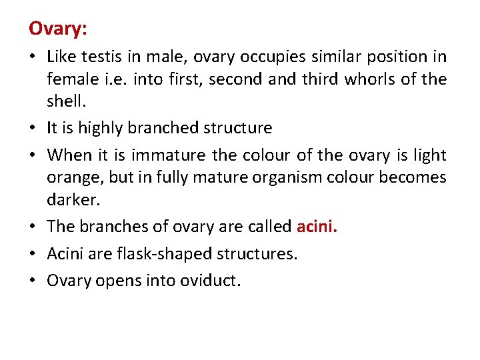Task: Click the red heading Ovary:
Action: [58, 29]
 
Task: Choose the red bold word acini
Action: [317, 227]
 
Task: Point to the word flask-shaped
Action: [159, 254]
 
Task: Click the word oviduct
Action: [210, 281]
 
